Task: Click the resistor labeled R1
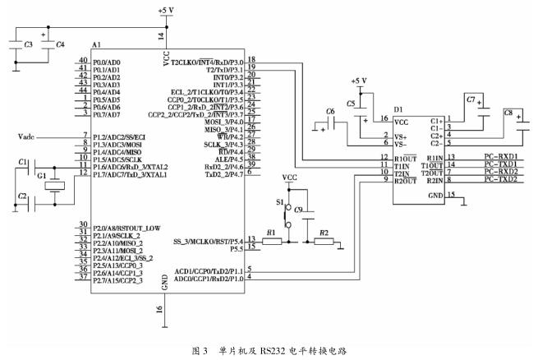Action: click(272, 242)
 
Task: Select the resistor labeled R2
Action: click(324, 242)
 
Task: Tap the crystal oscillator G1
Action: click(55, 182)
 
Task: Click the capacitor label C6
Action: click(330, 110)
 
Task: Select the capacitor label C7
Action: click(471, 99)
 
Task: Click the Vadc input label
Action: click(29, 136)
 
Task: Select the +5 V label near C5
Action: click(359, 81)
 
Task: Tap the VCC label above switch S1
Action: click(289, 177)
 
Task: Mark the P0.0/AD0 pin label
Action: click(108, 61)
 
